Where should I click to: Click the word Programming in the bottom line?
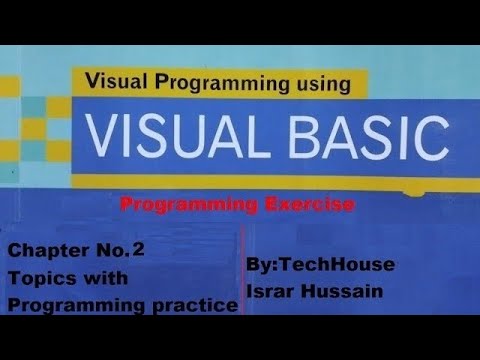click(68, 306)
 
